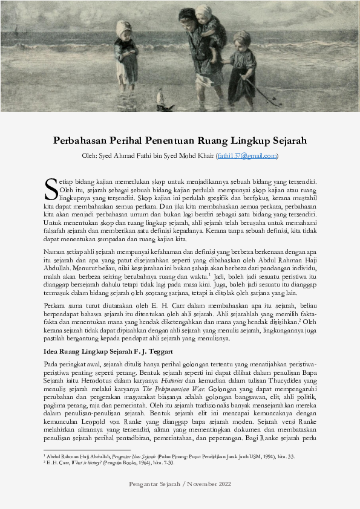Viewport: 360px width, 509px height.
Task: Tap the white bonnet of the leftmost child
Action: pyautogui.click(x=124, y=27)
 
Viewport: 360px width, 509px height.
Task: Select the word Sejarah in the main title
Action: pyautogui.click(x=287, y=141)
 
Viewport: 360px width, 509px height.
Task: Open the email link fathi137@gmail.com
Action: pyautogui.click(x=247, y=155)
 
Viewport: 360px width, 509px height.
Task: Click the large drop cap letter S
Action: pyautogui.click(x=51, y=188)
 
